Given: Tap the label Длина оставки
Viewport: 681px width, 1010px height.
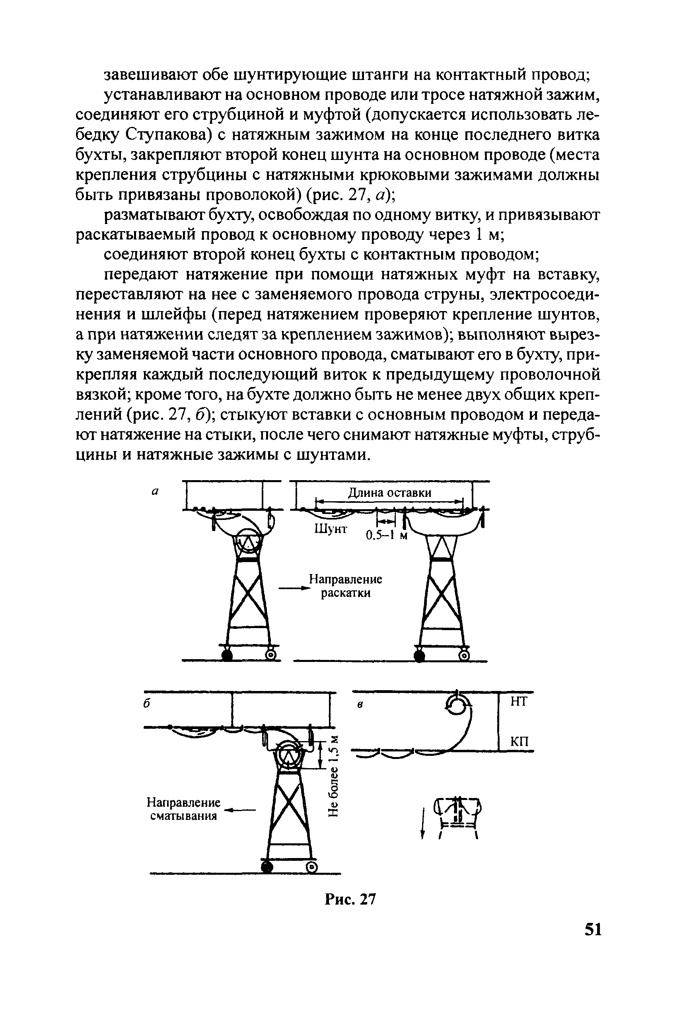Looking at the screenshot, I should pos(389,493).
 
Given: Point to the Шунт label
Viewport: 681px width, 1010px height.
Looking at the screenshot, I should pos(331,529).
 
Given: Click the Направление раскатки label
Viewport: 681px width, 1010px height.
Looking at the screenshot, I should pos(345,586).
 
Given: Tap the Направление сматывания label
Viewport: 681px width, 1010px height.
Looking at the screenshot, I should pos(183,809).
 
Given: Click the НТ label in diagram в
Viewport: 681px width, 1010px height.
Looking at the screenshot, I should pos(518,702).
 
